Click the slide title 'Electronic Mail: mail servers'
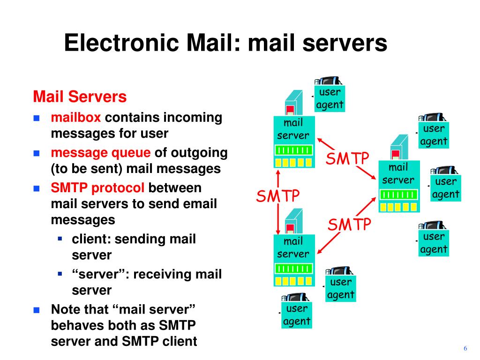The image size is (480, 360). tap(225, 43)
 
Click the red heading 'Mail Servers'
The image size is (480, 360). tap(80, 97)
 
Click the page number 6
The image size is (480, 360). tap(465, 348)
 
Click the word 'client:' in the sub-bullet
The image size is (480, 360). tap(91, 239)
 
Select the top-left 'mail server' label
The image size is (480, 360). tap(293, 129)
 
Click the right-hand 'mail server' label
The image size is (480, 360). tap(398, 173)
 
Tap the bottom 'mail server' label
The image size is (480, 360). tap(293, 247)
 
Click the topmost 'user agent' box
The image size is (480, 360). tap(330, 98)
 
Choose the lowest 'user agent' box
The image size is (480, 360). tap(297, 315)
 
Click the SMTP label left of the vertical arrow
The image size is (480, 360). tap(277, 195)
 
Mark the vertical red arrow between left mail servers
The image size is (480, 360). tap(279, 202)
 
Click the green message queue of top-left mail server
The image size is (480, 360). tap(293, 150)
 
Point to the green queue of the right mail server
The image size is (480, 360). tap(398, 194)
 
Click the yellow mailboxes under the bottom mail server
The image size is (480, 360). tap(293, 281)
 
